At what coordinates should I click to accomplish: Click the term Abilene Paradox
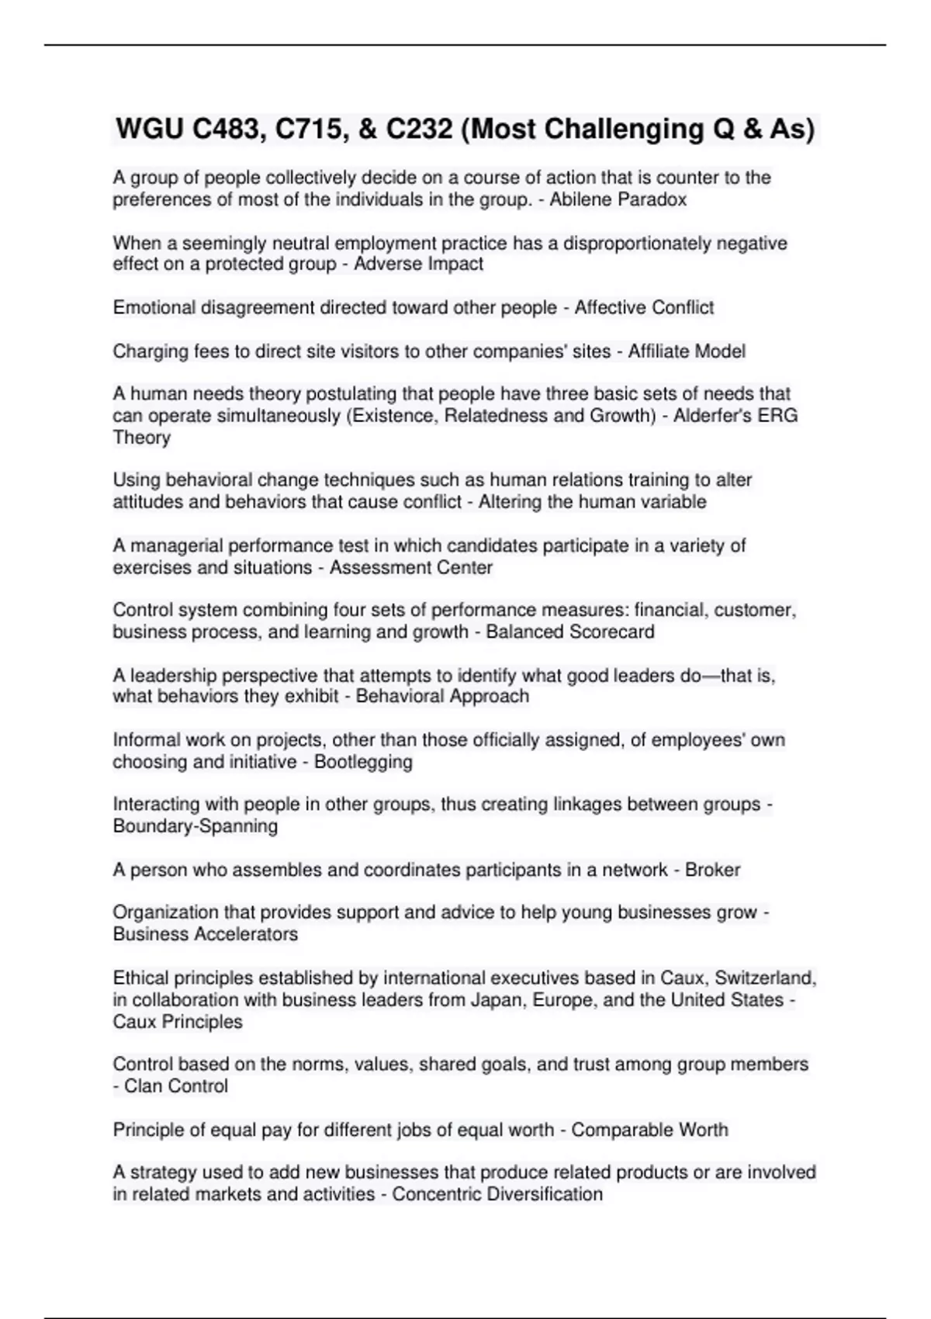pos(618,199)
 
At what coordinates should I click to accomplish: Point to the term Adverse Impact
pos(418,264)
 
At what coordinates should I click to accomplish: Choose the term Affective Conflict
pos(644,307)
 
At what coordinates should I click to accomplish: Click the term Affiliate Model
pos(687,351)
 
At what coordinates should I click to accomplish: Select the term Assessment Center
pos(411,567)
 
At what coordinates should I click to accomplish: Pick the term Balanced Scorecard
pos(570,632)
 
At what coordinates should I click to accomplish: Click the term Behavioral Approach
pos(442,696)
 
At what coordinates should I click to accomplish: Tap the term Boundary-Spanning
pos(196,826)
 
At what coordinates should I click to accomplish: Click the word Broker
pos(712,870)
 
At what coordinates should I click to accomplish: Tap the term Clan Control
pos(176,1085)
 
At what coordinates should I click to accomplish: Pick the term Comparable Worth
pos(650,1130)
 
